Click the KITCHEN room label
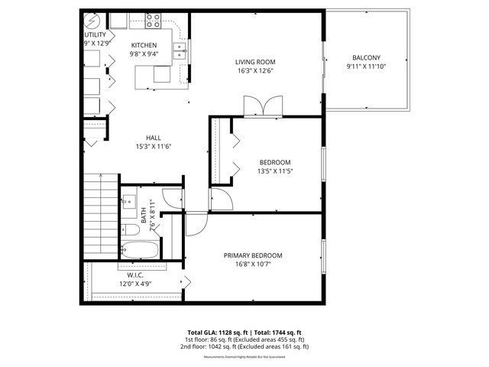tap(144, 45)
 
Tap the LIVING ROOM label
tap(254, 62)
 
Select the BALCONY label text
tap(366, 58)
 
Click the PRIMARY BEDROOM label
tap(253, 255)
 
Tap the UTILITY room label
tap(95, 35)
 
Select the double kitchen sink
tap(180, 51)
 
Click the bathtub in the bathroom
tap(141, 249)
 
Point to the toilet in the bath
tap(130, 229)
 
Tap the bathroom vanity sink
tap(128, 203)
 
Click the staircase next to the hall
tap(99, 215)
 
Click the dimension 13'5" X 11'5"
tap(274, 171)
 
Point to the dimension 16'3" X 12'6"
tap(254, 71)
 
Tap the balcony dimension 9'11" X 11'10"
tap(366, 67)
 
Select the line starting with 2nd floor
tap(244, 346)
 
